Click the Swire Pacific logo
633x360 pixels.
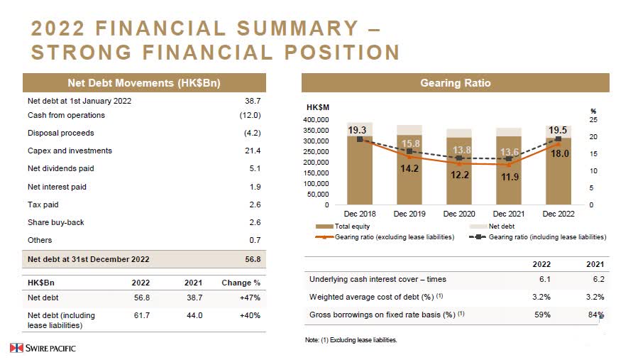(x=43, y=348)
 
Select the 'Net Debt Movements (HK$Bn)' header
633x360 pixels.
(x=144, y=83)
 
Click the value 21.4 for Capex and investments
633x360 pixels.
(x=253, y=151)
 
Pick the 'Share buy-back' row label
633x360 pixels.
(x=55, y=222)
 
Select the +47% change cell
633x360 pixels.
(x=248, y=298)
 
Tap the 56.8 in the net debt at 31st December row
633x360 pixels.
(x=253, y=259)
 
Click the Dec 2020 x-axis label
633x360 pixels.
(x=459, y=213)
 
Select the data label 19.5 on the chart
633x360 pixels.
(x=558, y=129)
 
